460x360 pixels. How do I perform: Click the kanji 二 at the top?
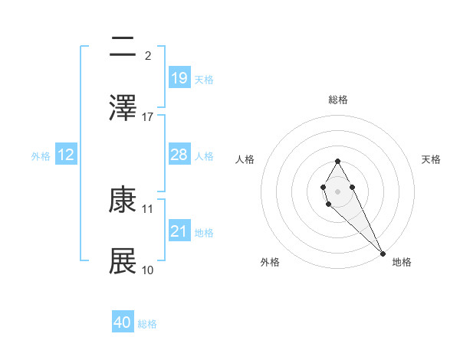click(x=123, y=47)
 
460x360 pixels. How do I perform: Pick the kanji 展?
click(x=123, y=261)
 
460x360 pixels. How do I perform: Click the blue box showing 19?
click(x=179, y=77)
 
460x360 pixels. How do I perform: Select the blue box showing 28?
click(x=179, y=155)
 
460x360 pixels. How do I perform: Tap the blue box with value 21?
click(x=179, y=231)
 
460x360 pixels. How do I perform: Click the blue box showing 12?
click(x=66, y=155)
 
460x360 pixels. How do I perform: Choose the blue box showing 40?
click(x=123, y=322)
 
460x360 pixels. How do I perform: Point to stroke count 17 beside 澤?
click(x=148, y=116)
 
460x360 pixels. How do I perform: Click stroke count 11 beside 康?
click(x=148, y=208)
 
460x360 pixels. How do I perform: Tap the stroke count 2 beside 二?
click(x=148, y=55)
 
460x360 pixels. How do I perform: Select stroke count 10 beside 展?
click(x=148, y=270)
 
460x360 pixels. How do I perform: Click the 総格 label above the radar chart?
click(x=338, y=100)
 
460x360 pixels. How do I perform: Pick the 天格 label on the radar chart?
click(x=432, y=159)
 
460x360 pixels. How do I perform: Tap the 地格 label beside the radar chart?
click(x=402, y=262)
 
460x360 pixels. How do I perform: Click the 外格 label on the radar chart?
click(x=270, y=262)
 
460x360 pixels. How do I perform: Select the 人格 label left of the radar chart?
click(x=245, y=159)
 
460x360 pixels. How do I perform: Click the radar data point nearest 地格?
click(x=383, y=253)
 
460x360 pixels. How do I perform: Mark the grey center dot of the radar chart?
click(x=337, y=190)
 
